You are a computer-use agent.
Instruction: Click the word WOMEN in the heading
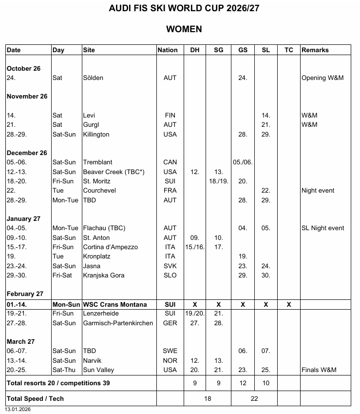(x=184, y=29)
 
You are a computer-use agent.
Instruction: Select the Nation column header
(x=168, y=50)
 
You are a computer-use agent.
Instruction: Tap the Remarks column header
(x=315, y=50)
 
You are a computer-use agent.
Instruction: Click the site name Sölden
(x=93, y=78)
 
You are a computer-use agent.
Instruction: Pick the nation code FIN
(x=170, y=116)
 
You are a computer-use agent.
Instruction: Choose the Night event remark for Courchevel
(x=318, y=191)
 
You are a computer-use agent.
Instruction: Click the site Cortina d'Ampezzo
(x=110, y=247)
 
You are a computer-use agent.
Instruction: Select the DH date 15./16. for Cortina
(x=195, y=247)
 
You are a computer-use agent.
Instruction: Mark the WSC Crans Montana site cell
(x=115, y=304)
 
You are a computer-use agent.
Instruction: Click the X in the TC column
(x=289, y=304)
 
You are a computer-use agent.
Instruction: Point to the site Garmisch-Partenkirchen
(x=118, y=323)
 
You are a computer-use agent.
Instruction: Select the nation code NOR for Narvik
(x=170, y=360)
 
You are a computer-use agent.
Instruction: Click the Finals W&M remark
(x=319, y=370)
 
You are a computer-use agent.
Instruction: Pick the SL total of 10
(x=265, y=383)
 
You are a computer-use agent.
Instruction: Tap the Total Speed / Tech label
(x=36, y=398)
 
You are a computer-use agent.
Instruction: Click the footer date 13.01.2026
(x=18, y=410)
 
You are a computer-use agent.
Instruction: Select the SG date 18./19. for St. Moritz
(x=219, y=181)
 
